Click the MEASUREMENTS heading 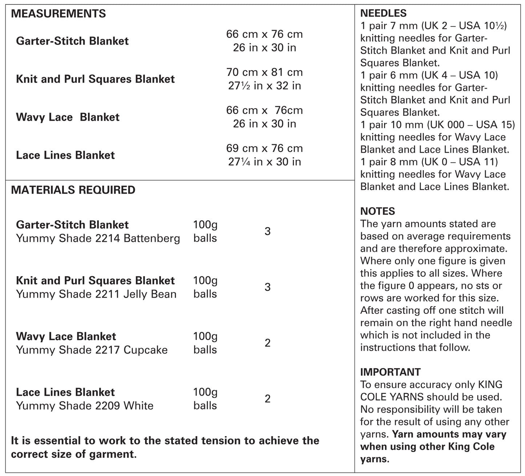[x=58, y=14]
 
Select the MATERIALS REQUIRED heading [x=73, y=190]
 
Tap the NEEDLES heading [x=383, y=13]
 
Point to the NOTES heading [x=377, y=211]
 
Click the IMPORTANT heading [x=390, y=372]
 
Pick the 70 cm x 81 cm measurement [x=264, y=72]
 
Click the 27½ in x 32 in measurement [x=264, y=86]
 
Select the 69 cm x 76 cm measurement [x=264, y=148]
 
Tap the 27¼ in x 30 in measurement [x=264, y=162]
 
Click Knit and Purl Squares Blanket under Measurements [x=95, y=79]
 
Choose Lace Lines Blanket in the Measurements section [x=65, y=155]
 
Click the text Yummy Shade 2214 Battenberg [x=98, y=239]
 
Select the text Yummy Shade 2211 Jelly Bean [x=96, y=294]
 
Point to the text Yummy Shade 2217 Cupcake [x=92, y=350]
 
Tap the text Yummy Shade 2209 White [x=85, y=406]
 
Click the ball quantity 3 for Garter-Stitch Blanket [x=267, y=231]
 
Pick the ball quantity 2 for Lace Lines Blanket [x=267, y=399]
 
